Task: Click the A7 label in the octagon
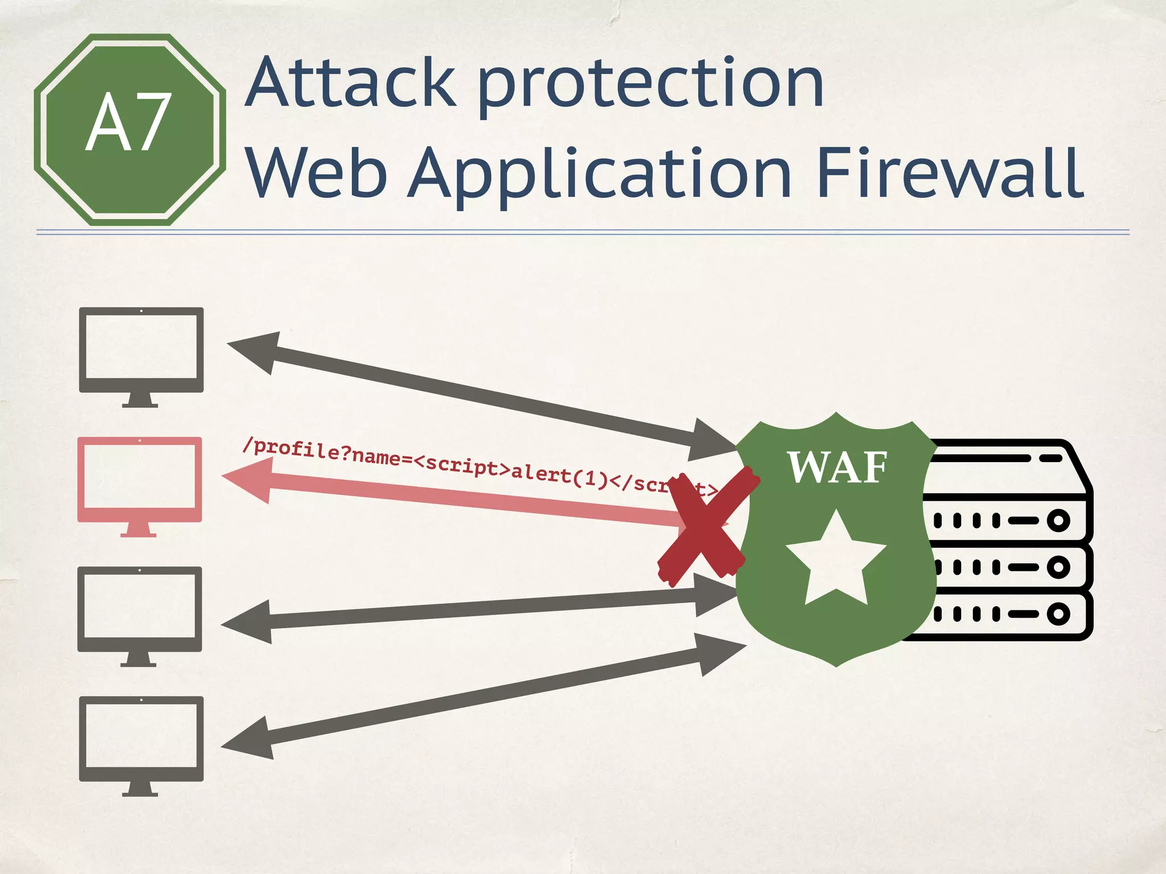pos(129,122)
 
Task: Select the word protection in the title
pos(651,85)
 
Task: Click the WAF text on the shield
pos(837,468)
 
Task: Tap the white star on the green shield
pos(836,560)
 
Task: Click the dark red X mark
pos(707,526)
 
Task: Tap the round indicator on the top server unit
pos(1058,520)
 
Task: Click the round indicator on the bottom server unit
pos(1058,613)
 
